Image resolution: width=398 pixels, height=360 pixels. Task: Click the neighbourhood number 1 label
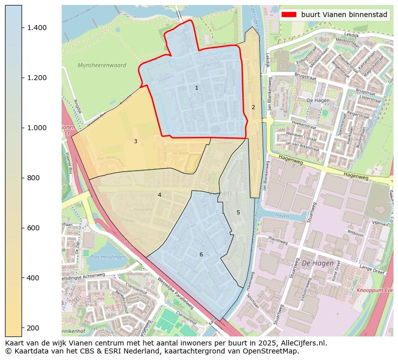coord(196,88)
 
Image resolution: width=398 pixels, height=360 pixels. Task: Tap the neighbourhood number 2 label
coord(253,107)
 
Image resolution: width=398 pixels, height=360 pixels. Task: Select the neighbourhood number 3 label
coord(135,142)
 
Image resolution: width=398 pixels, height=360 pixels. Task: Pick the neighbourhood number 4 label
coord(159,195)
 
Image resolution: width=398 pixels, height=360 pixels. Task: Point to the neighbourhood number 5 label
coord(238,212)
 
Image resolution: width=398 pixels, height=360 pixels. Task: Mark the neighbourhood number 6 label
coord(201,254)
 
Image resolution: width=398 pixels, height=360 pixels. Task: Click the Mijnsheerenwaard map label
coord(102,66)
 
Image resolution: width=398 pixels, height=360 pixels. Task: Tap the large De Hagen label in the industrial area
coord(317,263)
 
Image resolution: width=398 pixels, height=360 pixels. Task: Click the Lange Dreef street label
coord(373,271)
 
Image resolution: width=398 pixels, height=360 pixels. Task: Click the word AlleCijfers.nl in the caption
coord(302,343)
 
